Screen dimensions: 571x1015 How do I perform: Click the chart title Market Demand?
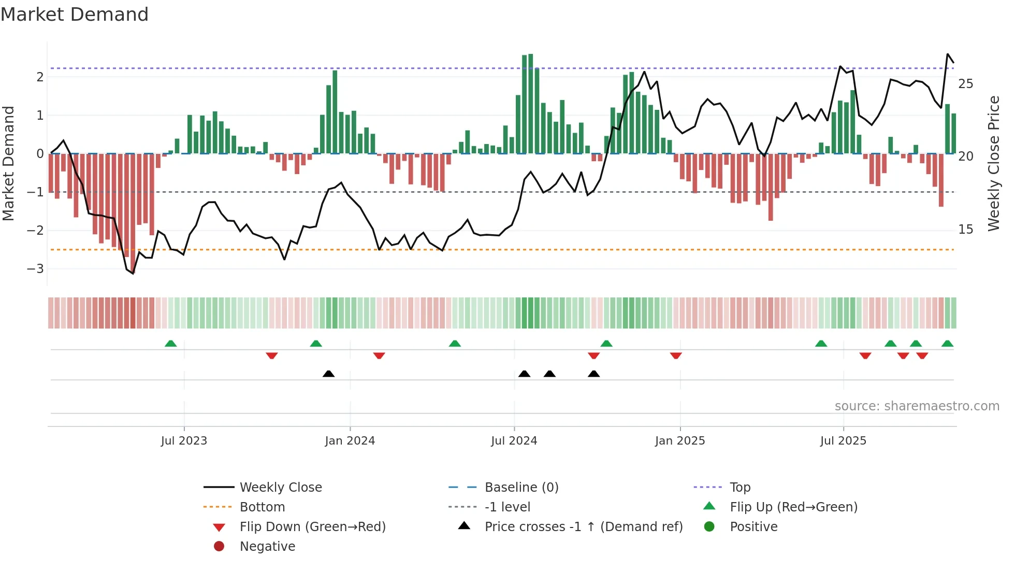pos(75,15)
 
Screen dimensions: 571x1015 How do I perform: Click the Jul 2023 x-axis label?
pos(184,441)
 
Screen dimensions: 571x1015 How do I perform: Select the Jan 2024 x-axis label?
pos(350,441)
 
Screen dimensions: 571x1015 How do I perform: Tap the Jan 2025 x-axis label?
pos(679,441)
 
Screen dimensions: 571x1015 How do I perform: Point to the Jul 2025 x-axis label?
pos(843,441)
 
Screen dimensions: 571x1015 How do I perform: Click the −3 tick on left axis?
pos(36,269)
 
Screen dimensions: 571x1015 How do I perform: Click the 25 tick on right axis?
pos(965,84)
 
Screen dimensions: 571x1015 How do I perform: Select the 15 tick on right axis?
pos(965,230)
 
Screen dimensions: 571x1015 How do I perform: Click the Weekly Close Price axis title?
pos(993,163)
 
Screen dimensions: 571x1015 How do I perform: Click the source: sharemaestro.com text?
pos(917,406)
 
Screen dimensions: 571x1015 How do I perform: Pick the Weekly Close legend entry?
pos(280,488)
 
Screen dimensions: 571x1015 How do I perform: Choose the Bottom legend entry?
pos(262,507)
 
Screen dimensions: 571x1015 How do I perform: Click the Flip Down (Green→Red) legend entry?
pos(312,527)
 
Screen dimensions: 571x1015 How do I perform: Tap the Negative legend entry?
pos(267,547)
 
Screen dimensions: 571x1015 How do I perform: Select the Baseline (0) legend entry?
pos(521,488)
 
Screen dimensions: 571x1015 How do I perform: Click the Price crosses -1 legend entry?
pos(583,527)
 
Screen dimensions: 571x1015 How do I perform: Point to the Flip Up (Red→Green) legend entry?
pos(793,507)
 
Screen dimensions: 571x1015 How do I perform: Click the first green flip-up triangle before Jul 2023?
pos(170,344)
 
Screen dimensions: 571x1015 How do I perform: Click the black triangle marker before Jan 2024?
pos(328,374)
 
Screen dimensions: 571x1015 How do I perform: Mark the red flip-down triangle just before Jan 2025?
pos(675,355)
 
